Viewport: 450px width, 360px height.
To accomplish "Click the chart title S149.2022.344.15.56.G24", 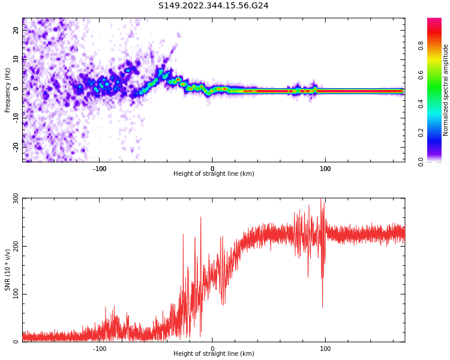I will (213, 6).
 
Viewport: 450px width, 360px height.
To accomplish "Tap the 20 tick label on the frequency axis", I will (17, 31).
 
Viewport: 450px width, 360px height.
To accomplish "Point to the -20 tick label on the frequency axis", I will (17, 146).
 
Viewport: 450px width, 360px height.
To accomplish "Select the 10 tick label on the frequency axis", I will (17, 60).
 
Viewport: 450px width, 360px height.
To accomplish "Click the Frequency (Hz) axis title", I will (8, 90).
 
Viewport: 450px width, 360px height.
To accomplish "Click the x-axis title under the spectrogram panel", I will (214, 174).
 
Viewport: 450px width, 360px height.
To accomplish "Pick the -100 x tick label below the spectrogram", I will (100, 168).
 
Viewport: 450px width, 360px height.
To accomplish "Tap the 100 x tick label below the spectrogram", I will (325, 168).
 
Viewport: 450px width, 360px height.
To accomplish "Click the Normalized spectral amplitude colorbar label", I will (446, 90).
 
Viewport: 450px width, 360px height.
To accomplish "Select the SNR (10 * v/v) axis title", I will (8, 270).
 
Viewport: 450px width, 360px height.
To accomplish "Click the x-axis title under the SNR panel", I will (214, 354).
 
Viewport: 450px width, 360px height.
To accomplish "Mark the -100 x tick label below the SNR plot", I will (100, 348).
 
